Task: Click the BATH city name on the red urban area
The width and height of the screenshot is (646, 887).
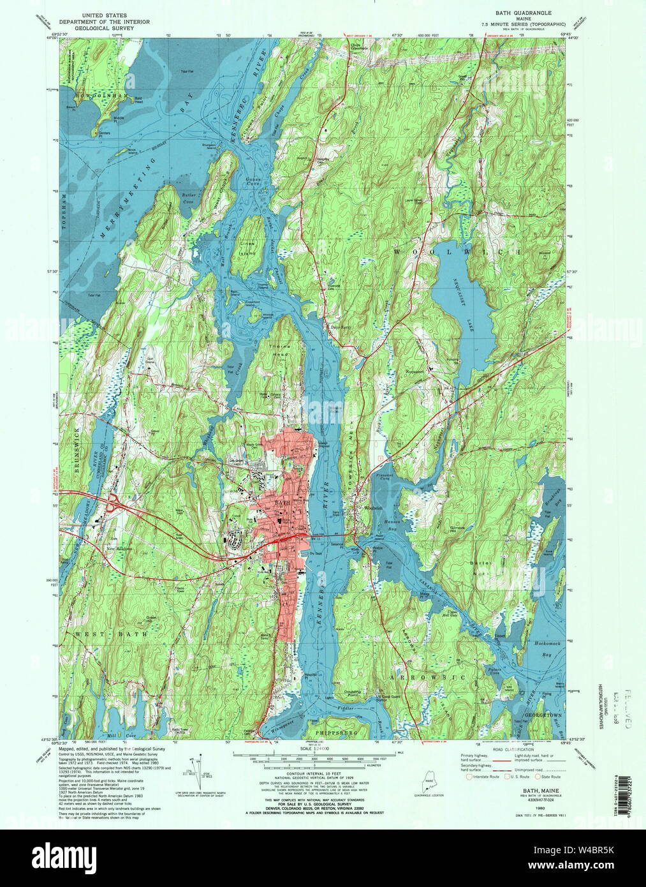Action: [281, 503]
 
